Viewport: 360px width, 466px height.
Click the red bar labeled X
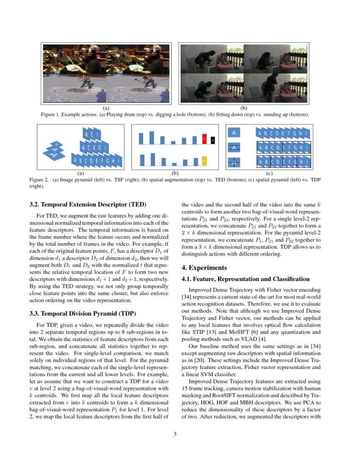pos(204,139)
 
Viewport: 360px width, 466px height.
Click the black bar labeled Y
pos(213,140)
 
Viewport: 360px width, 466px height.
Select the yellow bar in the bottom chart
pos(204,161)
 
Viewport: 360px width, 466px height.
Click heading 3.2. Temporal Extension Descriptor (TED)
pos(88,205)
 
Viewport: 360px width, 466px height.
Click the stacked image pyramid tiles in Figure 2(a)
pos(54,151)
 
